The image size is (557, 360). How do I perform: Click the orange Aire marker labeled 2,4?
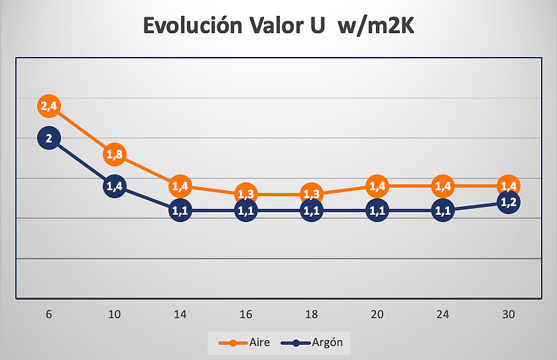click(x=49, y=106)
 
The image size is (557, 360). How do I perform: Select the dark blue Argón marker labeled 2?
click(x=49, y=139)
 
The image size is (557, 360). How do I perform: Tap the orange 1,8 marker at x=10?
click(x=114, y=154)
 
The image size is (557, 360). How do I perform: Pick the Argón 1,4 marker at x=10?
click(x=114, y=186)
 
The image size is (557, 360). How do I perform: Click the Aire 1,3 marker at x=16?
click(x=245, y=194)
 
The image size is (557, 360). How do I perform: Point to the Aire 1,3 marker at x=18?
click(x=311, y=194)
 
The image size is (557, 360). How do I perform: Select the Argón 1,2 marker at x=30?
click(x=509, y=202)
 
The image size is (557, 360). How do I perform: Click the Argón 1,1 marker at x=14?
click(x=180, y=211)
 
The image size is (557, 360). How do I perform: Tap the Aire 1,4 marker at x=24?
click(x=443, y=186)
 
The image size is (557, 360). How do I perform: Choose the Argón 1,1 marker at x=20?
click(x=377, y=211)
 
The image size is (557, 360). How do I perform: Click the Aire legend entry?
click(x=243, y=343)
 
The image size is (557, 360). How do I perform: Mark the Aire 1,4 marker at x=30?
click(x=509, y=186)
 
